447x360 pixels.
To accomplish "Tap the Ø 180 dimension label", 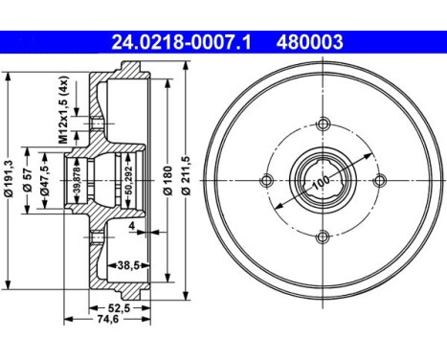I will tap(167, 179).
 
